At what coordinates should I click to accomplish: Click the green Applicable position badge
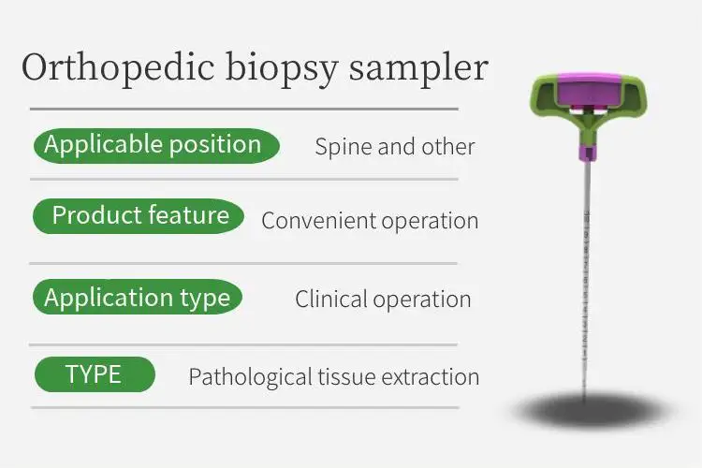(155, 145)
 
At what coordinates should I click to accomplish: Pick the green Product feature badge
(139, 216)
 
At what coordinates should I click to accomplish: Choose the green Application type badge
(138, 299)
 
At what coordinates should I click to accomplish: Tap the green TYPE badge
(94, 375)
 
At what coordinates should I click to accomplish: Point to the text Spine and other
(394, 147)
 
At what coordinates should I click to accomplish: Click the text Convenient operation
(370, 221)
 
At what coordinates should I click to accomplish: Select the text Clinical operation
(383, 300)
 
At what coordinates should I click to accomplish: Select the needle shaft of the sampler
(587, 281)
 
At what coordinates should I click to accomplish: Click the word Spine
(341, 147)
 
